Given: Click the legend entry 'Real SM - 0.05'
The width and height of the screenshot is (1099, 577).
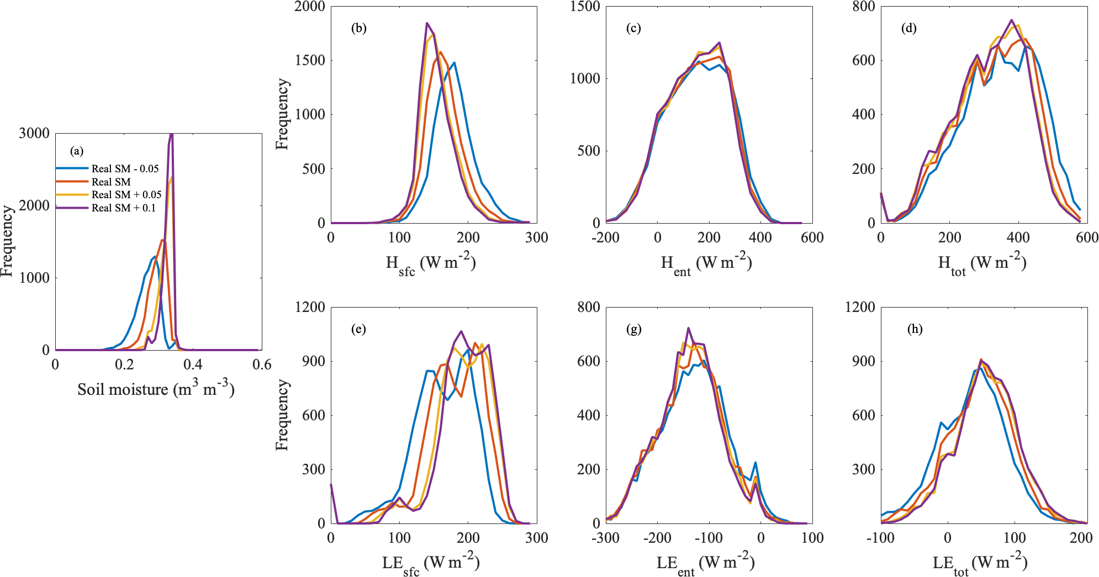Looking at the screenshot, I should (125, 168).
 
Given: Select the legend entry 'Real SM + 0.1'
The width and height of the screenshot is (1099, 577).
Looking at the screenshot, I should (123, 208).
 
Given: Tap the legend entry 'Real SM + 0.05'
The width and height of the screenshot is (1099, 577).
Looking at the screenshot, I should (126, 194).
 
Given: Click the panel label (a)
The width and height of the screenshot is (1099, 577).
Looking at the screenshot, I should (77, 151).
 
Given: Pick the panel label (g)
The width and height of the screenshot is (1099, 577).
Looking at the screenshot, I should (633, 330).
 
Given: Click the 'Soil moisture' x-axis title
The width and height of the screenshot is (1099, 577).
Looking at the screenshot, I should (156, 389).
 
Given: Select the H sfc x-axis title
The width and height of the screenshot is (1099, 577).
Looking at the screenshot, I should (430, 263).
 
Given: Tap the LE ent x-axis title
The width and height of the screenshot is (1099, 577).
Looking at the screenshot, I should (705, 564).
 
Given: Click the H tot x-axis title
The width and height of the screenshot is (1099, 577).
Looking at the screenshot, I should (981, 263).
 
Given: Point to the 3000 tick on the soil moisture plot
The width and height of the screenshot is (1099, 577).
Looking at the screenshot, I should (34, 133).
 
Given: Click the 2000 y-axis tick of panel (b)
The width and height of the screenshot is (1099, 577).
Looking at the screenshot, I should (310, 7).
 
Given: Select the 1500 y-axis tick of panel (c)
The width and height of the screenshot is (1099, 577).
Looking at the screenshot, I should (585, 7).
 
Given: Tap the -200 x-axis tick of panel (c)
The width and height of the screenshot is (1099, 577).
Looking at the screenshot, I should (605, 237).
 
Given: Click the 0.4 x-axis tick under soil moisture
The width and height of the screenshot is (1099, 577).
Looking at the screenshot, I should (193, 364).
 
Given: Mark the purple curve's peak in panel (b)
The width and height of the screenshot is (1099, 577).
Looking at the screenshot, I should (427, 23).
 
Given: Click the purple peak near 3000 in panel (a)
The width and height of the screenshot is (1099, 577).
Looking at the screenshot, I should (171, 134).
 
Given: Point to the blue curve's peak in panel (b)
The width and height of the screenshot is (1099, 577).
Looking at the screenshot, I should (454, 62).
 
